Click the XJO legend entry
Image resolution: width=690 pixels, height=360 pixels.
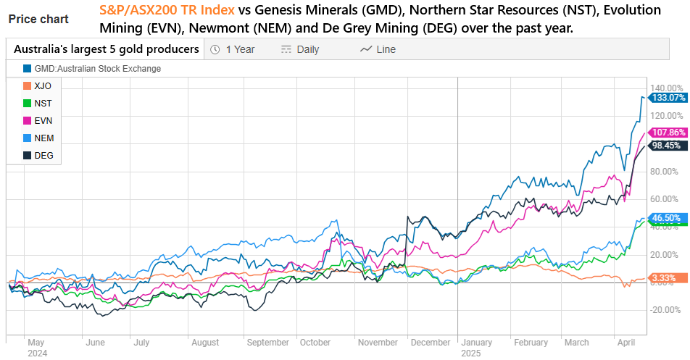pyautogui.click(x=42, y=85)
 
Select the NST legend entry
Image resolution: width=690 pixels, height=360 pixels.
pyautogui.click(x=42, y=103)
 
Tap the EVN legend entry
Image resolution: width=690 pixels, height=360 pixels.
pyautogui.click(x=42, y=120)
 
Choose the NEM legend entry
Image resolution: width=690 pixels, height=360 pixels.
pyautogui.click(x=43, y=138)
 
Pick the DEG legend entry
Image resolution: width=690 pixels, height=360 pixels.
pyautogui.click(x=43, y=155)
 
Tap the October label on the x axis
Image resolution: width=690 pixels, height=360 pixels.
pyautogui.click(x=315, y=342)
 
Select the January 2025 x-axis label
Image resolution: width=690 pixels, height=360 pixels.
pyautogui.click(x=476, y=348)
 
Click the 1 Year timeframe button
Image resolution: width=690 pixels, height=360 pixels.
pyautogui.click(x=233, y=49)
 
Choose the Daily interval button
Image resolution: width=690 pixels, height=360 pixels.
pyautogui.click(x=299, y=49)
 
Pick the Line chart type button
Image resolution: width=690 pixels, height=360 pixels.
pyautogui.click(x=378, y=49)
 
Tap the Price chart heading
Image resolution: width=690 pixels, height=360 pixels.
pyautogui.click(x=38, y=19)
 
